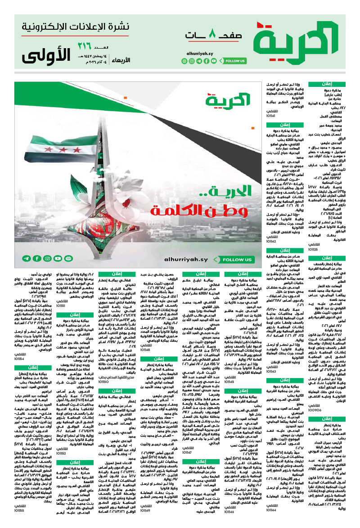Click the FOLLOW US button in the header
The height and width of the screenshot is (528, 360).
tap(235, 61)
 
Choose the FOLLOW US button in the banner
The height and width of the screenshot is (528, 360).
tap(238, 260)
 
